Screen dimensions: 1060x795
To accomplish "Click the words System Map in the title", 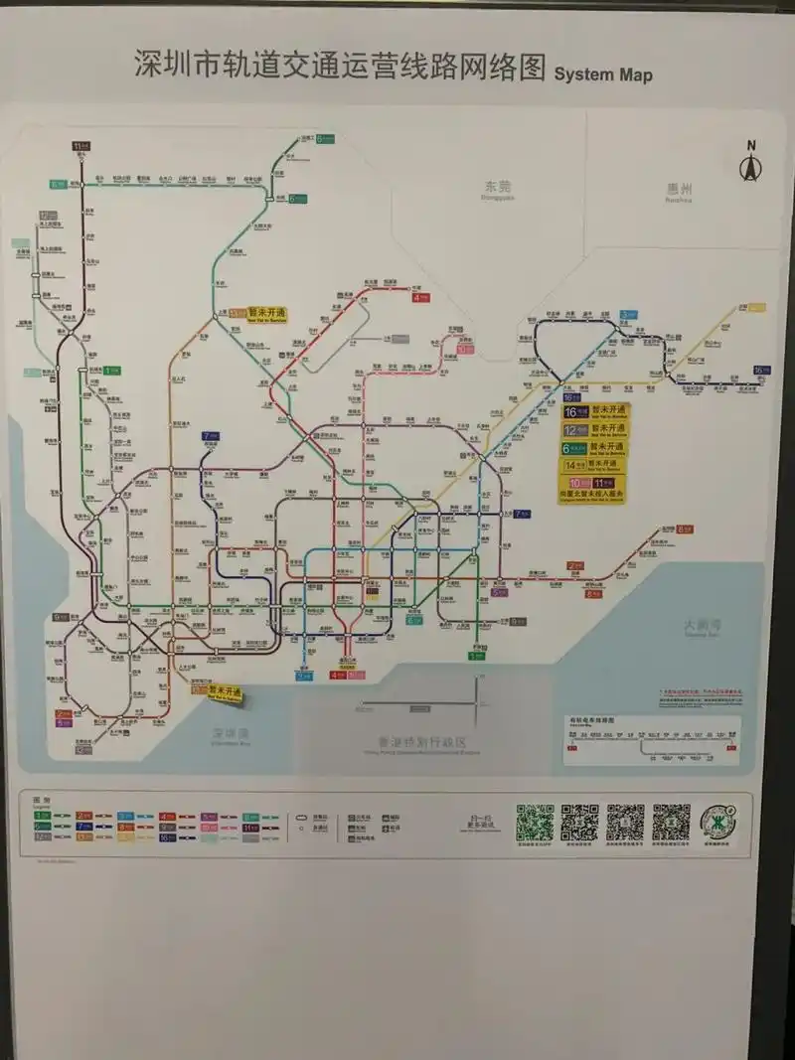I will coord(602,74).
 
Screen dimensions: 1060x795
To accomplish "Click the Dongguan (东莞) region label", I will coord(497,189).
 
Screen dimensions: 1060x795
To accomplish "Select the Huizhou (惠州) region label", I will coord(679,191).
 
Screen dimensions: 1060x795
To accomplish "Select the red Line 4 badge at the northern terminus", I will coord(420,297).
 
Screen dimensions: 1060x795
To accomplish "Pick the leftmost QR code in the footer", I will coord(535,823).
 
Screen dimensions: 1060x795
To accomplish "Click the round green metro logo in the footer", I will coord(718,823).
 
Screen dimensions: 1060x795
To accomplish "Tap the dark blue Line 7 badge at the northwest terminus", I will coord(211,435).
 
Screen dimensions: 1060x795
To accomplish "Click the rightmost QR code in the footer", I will coord(671,823).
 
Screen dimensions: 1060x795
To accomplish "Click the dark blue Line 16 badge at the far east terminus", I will coord(761,371).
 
